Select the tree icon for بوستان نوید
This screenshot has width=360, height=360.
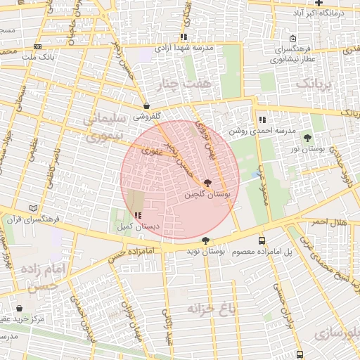coord(205,241)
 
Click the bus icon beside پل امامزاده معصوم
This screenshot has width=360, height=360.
coord(262,240)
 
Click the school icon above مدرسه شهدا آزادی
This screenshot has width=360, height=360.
coord(184,37)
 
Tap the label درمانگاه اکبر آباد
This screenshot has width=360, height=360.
coord(319,13)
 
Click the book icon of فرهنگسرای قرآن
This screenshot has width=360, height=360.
coord(34,209)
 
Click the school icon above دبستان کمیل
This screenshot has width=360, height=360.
coord(137,215)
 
